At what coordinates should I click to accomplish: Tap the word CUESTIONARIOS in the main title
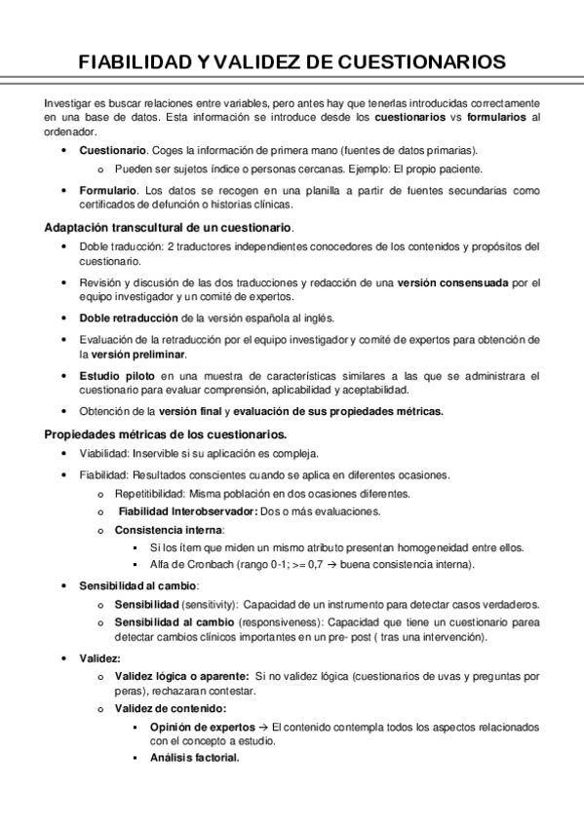pos(421,62)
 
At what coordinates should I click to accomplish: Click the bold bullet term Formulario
pos(110,191)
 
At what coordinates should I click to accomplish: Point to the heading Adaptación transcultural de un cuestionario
pos(169,227)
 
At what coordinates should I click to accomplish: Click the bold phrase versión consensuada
pos(453,282)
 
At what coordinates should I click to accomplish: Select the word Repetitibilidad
pos(150,493)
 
